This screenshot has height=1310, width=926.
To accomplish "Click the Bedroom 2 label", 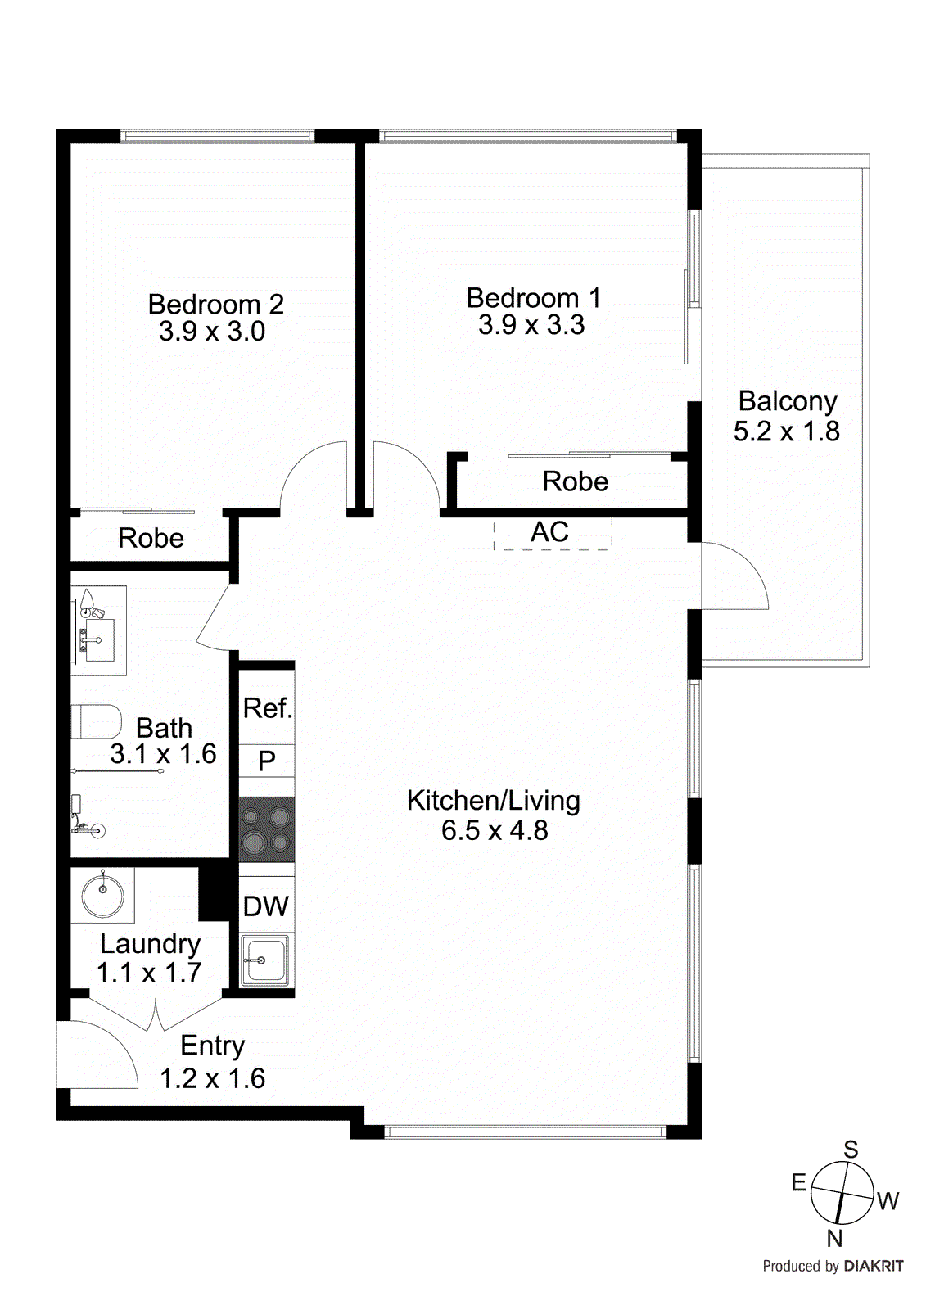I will [215, 305].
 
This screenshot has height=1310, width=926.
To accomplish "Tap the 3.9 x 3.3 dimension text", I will [531, 325].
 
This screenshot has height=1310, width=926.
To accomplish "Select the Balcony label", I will [787, 401].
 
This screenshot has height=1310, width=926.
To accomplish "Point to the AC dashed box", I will [552, 533].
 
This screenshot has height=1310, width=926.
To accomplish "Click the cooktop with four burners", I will [267, 829].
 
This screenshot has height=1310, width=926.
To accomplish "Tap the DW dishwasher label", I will [266, 906].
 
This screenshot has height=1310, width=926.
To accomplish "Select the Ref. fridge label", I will [267, 708].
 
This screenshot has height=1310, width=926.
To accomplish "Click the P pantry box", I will [267, 761].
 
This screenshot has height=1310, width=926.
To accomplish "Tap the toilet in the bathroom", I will [96, 721].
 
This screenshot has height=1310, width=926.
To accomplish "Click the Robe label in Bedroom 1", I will [575, 481].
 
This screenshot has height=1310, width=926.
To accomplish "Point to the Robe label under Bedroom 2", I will [151, 539].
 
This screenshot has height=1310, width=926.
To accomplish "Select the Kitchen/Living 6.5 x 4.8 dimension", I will [494, 831].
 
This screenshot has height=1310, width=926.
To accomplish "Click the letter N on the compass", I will [834, 1238].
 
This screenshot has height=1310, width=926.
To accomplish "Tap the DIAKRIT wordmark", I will [874, 1267].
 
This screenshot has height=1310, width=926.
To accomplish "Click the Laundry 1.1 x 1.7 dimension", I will [149, 973].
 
